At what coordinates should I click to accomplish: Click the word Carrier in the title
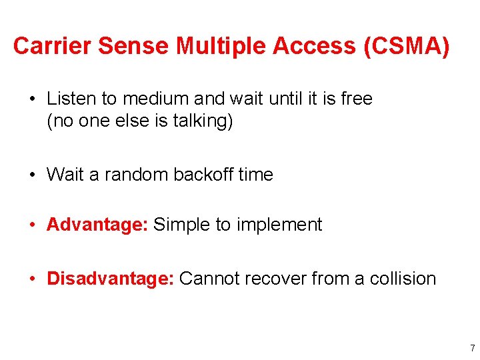51,46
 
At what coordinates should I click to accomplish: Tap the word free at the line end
356,99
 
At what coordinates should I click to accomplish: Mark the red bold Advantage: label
97,225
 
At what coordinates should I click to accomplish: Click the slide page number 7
472,348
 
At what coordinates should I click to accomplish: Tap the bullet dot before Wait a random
32,175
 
